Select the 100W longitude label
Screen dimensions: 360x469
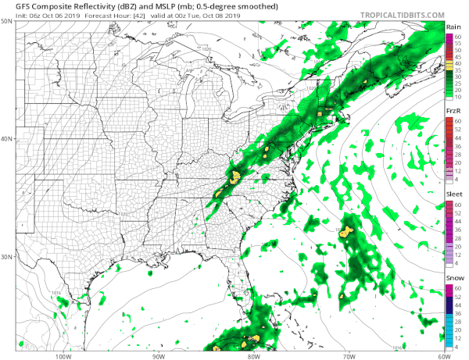tap(63, 355)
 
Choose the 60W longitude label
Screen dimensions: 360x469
tap(443, 355)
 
